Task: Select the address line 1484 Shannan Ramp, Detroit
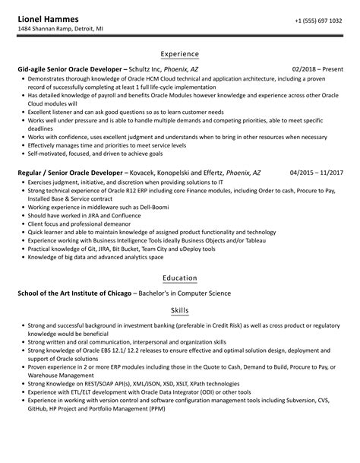click(60, 30)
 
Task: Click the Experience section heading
click(179, 54)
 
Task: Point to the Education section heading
click(179, 277)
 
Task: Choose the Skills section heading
click(179, 311)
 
